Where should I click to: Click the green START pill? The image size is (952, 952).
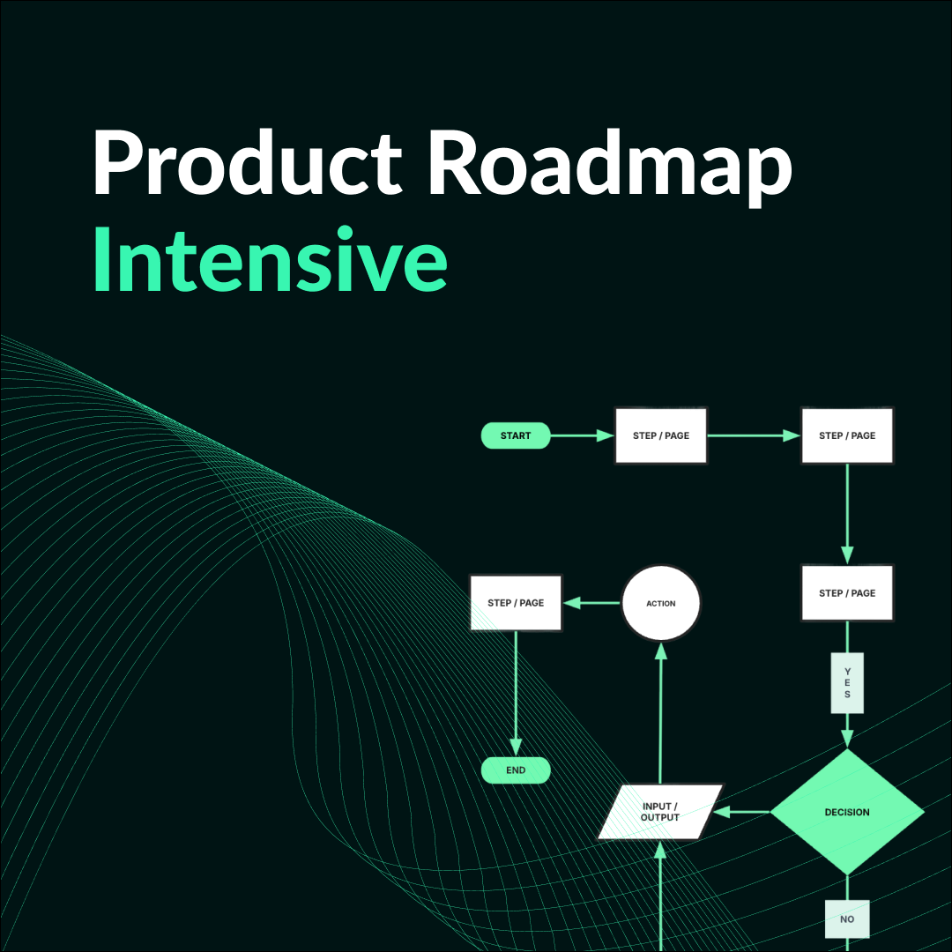[x=516, y=435]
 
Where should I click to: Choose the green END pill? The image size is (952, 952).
[x=516, y=770]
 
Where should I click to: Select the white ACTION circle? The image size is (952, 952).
[x=661, y=604]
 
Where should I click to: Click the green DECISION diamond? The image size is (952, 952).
[x=847, y=813]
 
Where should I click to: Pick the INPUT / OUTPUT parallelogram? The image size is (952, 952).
[x=660, y=812]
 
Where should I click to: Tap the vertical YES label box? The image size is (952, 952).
[x=847, y=682]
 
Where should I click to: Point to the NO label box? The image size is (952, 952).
[x=847, y=919]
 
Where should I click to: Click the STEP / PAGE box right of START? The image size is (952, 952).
[x=661, y=435]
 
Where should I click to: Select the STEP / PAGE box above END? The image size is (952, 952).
[x=516, y=603]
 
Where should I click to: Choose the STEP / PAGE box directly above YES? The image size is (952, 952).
[x=847, y=593]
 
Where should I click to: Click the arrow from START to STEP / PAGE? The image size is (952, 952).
[x=582, y=435]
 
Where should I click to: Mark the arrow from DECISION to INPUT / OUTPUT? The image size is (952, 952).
[x=745, y=812]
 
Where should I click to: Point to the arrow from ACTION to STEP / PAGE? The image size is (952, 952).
[x=592, y=603]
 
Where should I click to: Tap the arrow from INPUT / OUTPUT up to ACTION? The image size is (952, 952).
[x=661, y=714]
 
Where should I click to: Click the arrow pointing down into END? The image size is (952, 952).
[x=516, y=696]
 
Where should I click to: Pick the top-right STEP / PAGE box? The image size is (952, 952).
[x=847, y=435]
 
